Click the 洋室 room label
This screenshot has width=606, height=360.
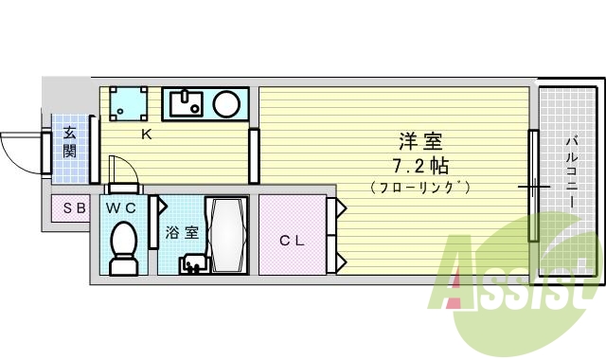click(421, 143)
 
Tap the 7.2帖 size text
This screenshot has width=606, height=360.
click(421, 165)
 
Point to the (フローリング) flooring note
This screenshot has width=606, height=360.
click(421, 187)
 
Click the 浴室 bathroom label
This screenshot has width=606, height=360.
click(182, 231)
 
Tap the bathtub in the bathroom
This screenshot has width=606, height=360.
click(227, 235)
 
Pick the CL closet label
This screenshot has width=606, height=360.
click(292, 241)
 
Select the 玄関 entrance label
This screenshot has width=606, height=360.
click(70, 143)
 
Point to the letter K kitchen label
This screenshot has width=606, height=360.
click(147, 135)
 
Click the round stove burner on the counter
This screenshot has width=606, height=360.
click(226, 103)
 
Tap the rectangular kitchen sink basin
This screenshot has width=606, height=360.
click(186, 102)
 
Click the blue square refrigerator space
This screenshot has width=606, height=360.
click(127, 103)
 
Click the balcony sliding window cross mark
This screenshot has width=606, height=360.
click(534, 188)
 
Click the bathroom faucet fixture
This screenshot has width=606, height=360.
click(194, 263)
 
